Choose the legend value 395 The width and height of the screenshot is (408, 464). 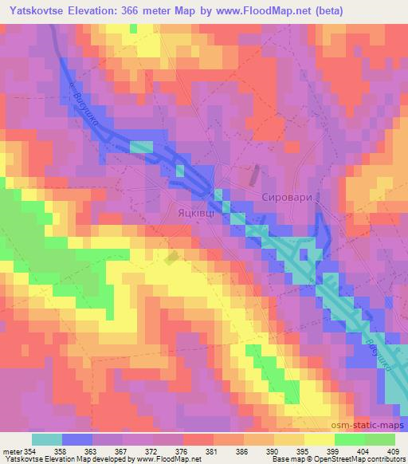[x=303, y=451]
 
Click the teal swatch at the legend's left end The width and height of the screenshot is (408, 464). [x=46, y=439]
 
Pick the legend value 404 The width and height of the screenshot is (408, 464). [x=362, y=451]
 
